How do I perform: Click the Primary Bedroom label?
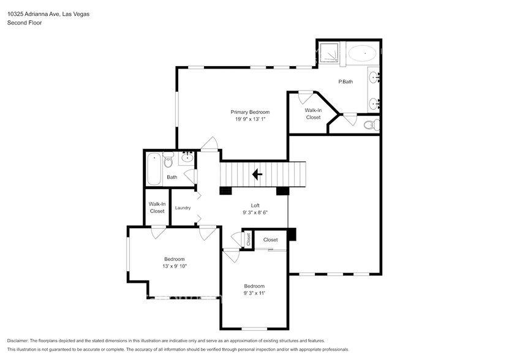pyautogui.click(x=250, y=112)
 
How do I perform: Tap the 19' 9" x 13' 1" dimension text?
pyautogui.click(x=250, y=119)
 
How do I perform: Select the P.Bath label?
pyautogui.click(x=346, y=82)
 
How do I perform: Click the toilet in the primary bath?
pyautogui.click(x=370, y=126)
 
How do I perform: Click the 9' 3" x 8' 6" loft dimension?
pyautogui.click(x=255, y=213)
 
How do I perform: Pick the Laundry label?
pyautogui.click(x=183, y=208)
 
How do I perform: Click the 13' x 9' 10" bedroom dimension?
pyautogui.click(x=174, y=266)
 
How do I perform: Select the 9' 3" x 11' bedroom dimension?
pyautogui.click(x=254, y=293)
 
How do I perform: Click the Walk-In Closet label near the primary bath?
pyautogui.click(x=313, y=114)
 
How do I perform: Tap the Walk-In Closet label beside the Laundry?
pyautogui.click(x=157, y=208)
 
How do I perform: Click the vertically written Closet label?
pyautogui.click(x=249, y=239)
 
